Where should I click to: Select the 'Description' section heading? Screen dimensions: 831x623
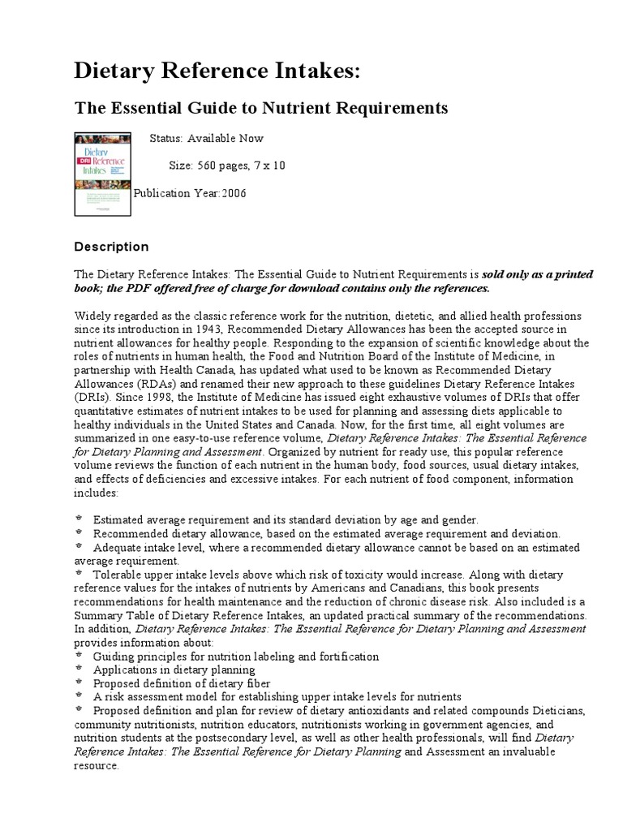(x=111, y=247)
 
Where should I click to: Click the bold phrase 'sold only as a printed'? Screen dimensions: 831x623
(x=544, y=275)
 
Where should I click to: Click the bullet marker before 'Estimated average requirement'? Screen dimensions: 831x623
(x=79, y=519)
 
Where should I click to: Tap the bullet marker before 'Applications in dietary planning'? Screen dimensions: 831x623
(x=79, y=670)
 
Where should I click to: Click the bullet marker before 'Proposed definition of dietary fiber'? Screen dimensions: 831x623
(x=79, y=683)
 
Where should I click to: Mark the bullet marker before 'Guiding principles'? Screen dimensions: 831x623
(x=79, y=656)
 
